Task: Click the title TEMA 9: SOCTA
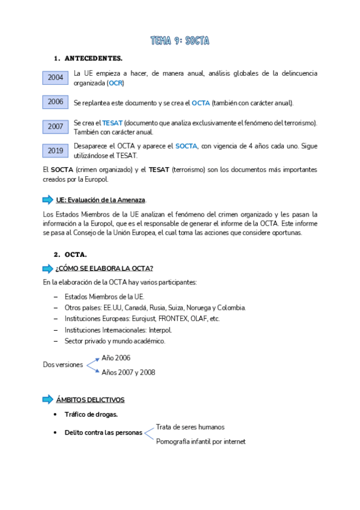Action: pyautogui.click(x=180, y=41)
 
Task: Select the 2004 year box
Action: pyautogui.click(x=55, y=78)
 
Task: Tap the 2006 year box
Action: pyautogui.click(x=55, y=102)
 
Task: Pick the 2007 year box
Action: pyautogui.click(x=55, y=127)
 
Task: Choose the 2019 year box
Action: pyautogui.click(x=55, y=150)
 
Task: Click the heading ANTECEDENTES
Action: pyautogui.click(x=93, y=58)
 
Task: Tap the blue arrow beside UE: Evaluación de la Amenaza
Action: pyautogui.click(x=47, y=200)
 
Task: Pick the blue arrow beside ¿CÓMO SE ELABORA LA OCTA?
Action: pyautogui.click(x=47, y=268)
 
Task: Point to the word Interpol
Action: pyautogui.click(x=159, y=330)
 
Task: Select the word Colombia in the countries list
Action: pyautogui.click(x=230, y=307)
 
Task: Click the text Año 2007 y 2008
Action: pyautogui.click(x=128, y=372)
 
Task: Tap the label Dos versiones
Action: pyautogui.click(x=63, y=364)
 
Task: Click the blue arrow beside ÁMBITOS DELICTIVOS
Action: pyautogui.click(x=47, y=400)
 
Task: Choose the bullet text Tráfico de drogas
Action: pyautogui.click(x=91, y=414)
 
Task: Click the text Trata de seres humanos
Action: pyautogui.click(x=190, y=427)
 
